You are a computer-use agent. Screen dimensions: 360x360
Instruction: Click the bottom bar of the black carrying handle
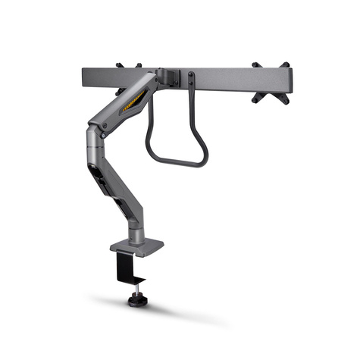[x=178, y=161]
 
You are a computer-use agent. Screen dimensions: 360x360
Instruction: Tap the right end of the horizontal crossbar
[x=286, y=78]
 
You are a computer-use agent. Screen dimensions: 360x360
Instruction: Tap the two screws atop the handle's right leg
[x=191, y=79]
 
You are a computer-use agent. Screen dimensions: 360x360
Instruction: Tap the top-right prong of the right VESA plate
[x=285, y=66]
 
